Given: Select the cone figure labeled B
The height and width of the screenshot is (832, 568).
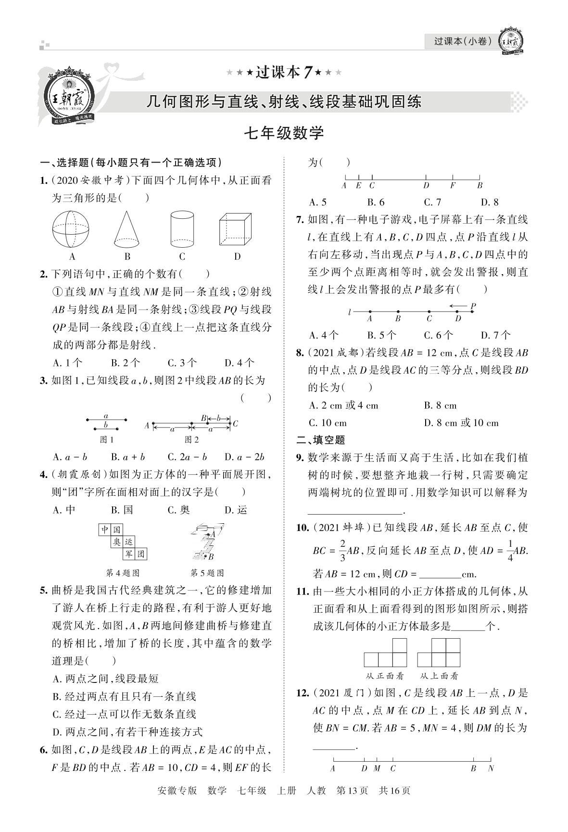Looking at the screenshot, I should click(127, 229).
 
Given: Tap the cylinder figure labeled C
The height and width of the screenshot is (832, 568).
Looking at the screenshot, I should click(182, 229).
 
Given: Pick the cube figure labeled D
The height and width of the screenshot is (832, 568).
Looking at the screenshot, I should click(236, 230).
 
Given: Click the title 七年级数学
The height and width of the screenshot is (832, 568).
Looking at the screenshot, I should click(284, 133).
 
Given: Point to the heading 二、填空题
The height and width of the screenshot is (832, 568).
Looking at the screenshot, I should click(321, 440).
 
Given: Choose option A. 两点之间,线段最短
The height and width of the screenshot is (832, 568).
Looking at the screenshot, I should click(105, 679).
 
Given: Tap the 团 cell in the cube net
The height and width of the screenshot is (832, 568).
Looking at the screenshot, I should click(141, 554).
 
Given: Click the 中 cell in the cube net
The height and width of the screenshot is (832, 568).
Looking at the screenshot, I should click(105, 530).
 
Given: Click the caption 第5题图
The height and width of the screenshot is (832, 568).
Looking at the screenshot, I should click(207, 573).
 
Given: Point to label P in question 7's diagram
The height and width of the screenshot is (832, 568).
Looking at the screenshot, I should click(473, 306).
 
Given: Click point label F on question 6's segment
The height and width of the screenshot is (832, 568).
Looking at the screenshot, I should click(453, 185).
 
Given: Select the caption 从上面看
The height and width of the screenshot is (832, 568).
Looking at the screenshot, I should click(438, 676).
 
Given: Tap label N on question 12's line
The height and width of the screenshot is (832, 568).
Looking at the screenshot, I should click(491, 768).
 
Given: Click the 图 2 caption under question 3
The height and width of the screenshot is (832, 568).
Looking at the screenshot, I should click(191, 439).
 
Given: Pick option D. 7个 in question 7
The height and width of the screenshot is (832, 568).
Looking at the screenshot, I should click(495, 335).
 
